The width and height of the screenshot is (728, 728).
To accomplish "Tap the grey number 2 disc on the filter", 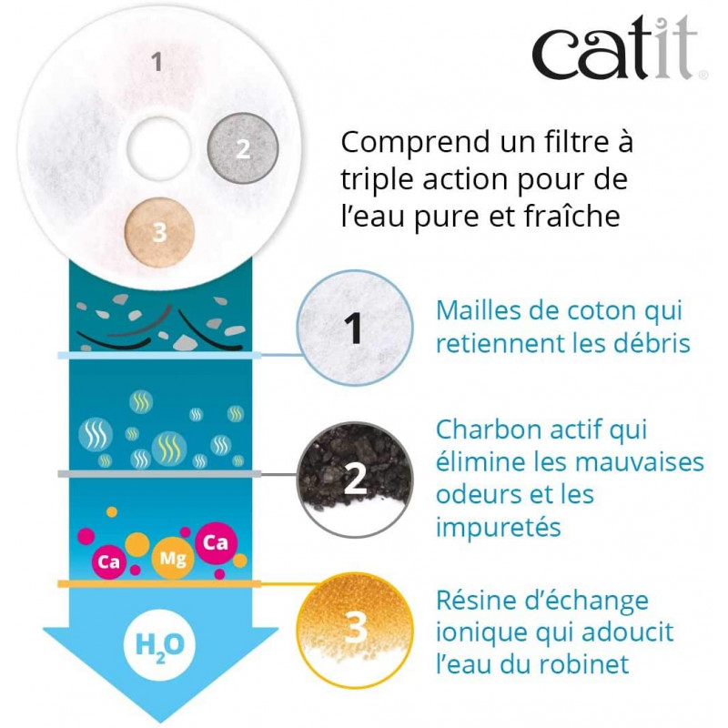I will pyautogui.click(x=241, y=148).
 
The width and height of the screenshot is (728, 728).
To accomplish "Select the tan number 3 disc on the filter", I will pyautogui.click(x=160, y=231).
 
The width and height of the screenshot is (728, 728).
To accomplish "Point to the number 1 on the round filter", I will pyautogui.click(x=157, y=63).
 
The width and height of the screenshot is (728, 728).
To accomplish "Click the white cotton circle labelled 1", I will pyautogui.click(x=355, y=328).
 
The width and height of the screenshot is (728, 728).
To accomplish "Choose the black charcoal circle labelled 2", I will pyautogui.click(x=355, y=479).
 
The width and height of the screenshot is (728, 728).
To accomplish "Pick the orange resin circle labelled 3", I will pyautogui.click(x=355, y=627).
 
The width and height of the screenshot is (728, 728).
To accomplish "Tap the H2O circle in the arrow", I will pyautogui.click(x=159, y=643).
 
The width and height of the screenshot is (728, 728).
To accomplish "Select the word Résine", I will pyautogui.click(x=479, y=602).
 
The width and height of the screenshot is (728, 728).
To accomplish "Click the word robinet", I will pyautogui.click(x=584, y=665).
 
